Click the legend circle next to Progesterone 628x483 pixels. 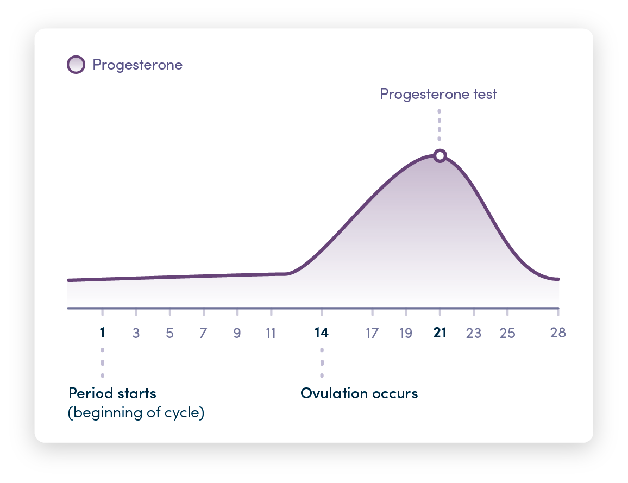click(x=76, y=65)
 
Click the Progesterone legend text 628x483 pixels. click(x=137, y=65)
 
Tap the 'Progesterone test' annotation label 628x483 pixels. click(x=438, y=94)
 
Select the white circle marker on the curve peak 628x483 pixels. click(x=440, y=156)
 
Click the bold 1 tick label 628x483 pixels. click(x=102, y=333)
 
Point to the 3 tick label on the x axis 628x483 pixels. click(x=136, y=333)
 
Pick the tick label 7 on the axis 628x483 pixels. click(x=203, y=333)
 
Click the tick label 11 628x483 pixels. click(x=271, y=333)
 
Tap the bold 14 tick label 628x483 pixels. click(x=321, y=333)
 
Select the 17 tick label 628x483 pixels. click(x=372, y=333)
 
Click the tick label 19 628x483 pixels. click(x=406, y=333)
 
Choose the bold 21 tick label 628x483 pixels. click(x=439, y=333)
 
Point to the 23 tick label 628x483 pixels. click(x=473, y=333)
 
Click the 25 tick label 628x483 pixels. click(x=507, y=333)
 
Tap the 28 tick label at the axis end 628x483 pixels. click(x=558, y=333)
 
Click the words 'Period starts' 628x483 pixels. click(x=112, y=393)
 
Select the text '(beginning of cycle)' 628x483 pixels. click(x=136, y=413)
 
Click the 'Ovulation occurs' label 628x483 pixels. click(x=359, y=393)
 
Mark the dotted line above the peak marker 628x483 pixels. click(x=439, y=125)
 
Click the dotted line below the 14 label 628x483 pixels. click(x=322, y=363)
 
